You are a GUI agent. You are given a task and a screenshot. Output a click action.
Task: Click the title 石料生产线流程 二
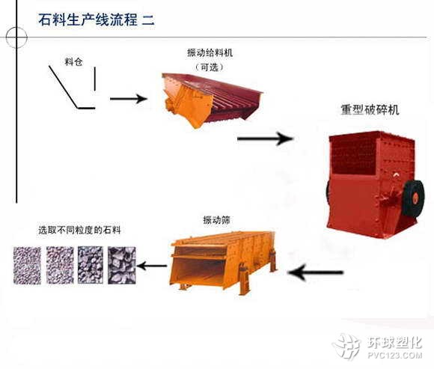coord(97,20)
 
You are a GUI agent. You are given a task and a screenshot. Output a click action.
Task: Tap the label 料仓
coord(73,61)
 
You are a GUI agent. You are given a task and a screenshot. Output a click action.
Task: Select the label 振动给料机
coord(210,52)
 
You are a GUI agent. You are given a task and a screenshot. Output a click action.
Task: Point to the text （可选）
coord(210,67)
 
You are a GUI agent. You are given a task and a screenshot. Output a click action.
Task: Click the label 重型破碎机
coord(370,109)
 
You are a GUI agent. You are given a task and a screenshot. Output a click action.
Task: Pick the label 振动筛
coord(216,220)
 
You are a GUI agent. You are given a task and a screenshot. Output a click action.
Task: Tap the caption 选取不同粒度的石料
coord(79,230)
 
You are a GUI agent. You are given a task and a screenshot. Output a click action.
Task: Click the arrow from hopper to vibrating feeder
coord(129,99)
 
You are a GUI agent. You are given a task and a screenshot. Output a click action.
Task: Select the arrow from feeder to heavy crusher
coord(265,138)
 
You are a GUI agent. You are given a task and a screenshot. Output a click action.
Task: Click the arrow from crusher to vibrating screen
coord(316,272)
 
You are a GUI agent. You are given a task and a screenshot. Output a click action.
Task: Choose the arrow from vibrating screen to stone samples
coord(152,266)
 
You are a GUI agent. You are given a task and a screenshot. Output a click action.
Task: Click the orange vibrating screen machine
coord(223,262)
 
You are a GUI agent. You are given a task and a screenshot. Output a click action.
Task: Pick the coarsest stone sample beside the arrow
coord(122,265)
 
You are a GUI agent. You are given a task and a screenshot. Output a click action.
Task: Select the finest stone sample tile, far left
coord(27,266)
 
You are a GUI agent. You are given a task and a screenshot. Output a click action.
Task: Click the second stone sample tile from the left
coord(60,265)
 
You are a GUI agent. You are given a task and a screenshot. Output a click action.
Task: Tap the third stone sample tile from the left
coord(91,265)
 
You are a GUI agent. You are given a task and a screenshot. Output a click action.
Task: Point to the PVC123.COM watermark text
coord(395,355)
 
